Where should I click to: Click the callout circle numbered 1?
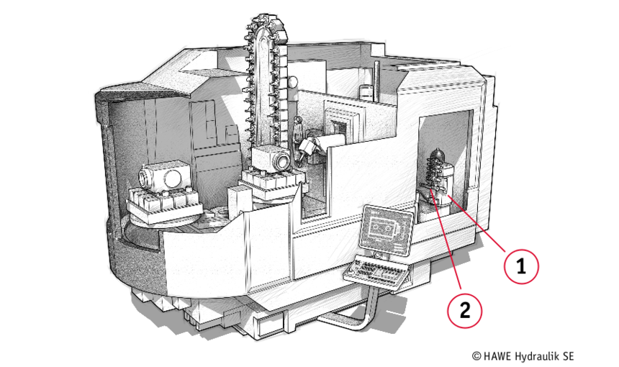click(x=521, y=266)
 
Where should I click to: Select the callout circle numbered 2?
click(x=465, y=311)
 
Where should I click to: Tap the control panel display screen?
click(x=386, y=230)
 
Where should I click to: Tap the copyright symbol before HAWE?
click(x=477, y=356)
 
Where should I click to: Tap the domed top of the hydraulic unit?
click(x=437, y=154)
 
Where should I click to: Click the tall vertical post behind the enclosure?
click(x=377, y=81)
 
